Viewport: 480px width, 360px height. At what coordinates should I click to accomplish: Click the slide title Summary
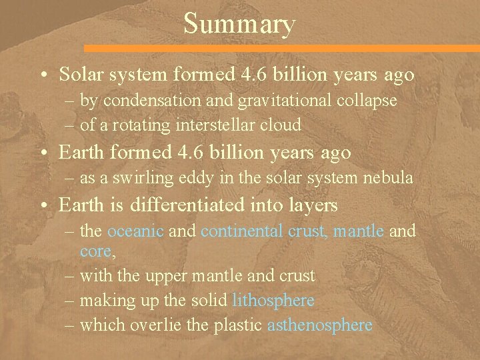tap(239, 24)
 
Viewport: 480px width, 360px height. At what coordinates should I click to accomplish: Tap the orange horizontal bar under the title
tap(281, 49)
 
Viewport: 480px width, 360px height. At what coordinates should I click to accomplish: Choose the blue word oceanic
tap(135, 231)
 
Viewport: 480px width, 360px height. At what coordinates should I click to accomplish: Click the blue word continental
tap(242, 231)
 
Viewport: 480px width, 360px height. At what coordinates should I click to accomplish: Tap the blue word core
tap(94, 251)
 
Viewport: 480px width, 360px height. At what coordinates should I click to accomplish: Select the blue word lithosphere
tap(273, 301)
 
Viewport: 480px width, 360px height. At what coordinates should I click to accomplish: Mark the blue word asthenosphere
tap(319, 325)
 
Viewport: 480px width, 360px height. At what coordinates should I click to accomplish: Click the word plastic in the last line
tap(240, 325)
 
